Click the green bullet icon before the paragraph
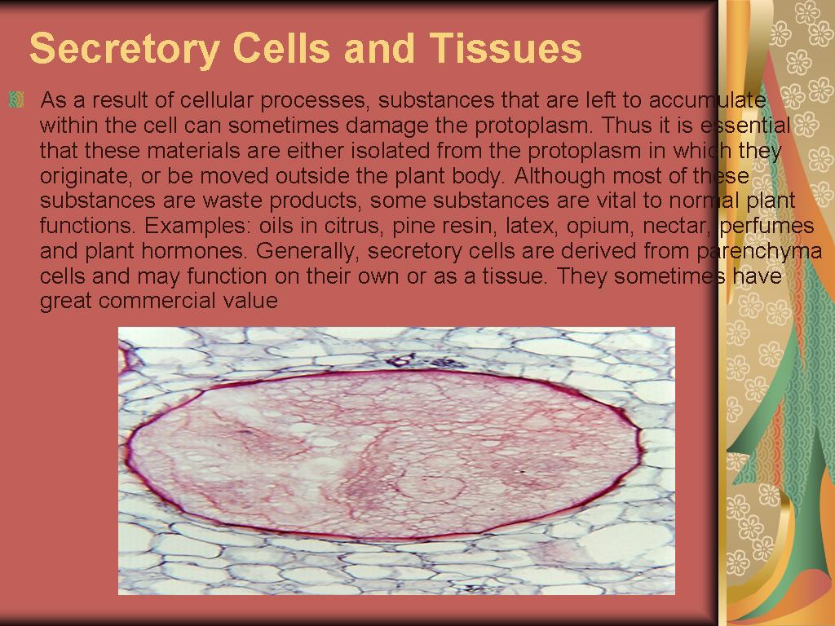(16, 100)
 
